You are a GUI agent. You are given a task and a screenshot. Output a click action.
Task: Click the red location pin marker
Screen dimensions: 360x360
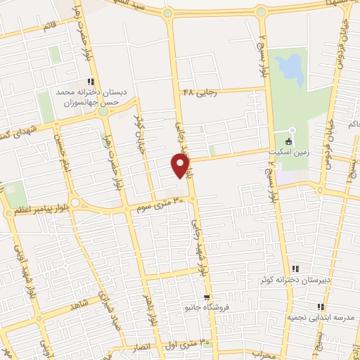click(181, 165)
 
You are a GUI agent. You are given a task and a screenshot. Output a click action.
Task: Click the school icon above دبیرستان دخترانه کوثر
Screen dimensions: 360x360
click(294, 268)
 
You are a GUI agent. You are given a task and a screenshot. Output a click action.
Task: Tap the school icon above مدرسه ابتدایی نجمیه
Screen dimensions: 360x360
click(320, 306)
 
